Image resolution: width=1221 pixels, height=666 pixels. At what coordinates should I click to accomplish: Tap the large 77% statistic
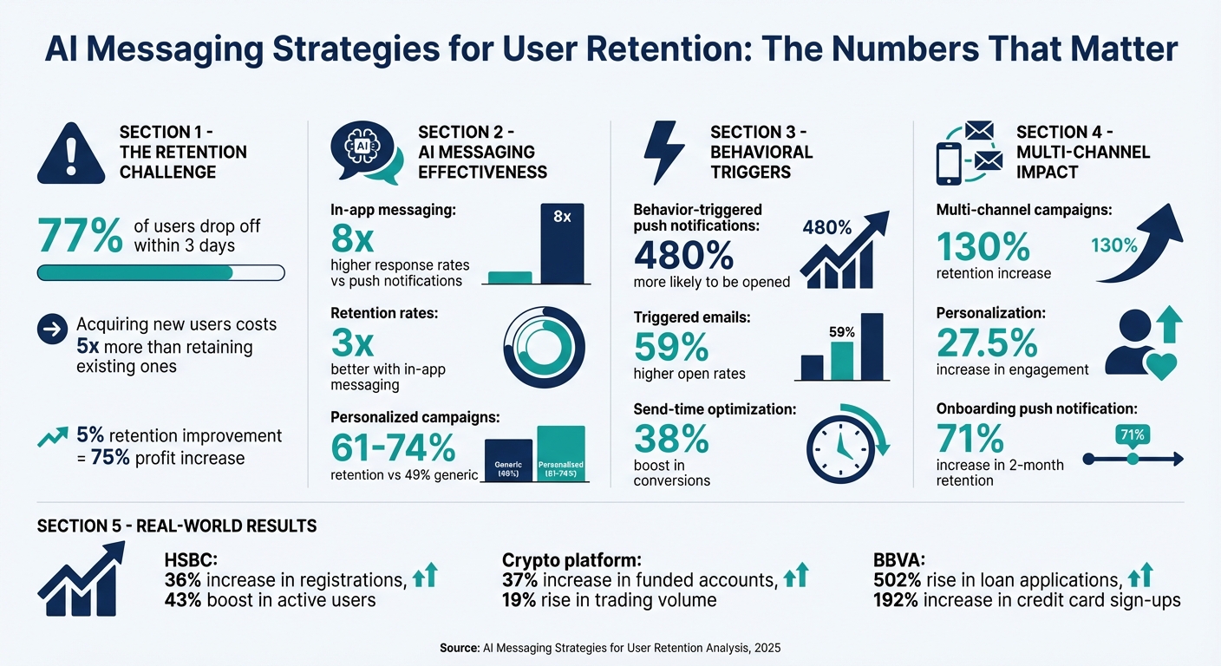point(80,236)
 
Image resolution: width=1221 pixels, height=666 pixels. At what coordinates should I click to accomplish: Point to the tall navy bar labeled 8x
point(561,244)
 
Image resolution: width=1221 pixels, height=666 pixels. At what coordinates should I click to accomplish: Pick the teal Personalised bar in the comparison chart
point(560,454)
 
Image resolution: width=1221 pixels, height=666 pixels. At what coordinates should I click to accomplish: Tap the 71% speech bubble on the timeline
point(1133,434)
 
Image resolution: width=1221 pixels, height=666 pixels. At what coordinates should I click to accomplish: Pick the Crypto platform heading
point(572,560)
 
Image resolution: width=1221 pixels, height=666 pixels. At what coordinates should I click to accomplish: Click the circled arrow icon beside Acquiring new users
point(53,329)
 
